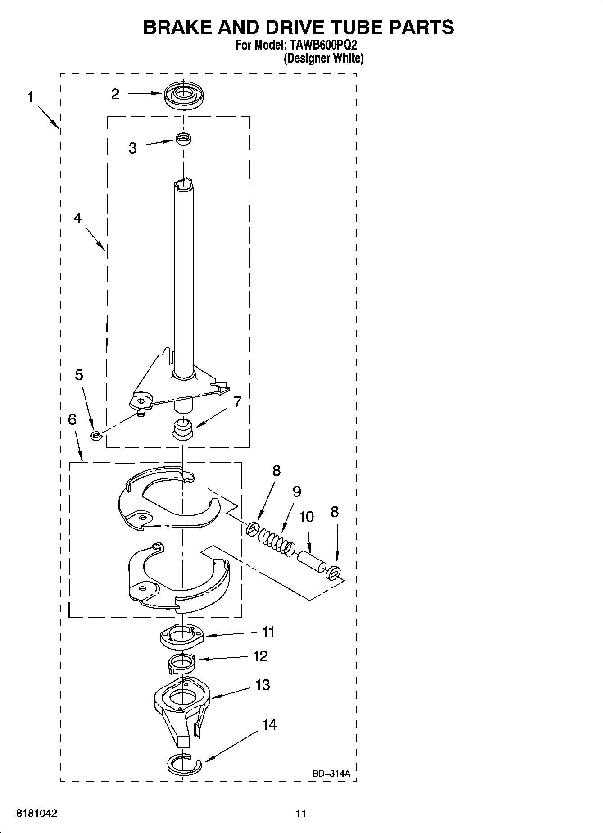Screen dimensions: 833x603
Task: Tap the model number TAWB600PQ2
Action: [322, 46]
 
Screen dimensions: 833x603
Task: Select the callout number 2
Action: [115, 94]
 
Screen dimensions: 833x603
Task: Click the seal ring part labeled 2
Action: [183, 95]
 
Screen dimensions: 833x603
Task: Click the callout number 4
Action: [77, 218]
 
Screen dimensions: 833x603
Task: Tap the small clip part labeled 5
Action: [95, 435]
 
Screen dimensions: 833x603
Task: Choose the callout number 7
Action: [237, 401]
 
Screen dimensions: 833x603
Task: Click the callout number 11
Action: [268, 632]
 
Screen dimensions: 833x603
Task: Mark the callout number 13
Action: [263, 685]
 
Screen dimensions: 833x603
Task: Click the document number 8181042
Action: [36, 814]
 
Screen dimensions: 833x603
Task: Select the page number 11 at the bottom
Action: [301, 814]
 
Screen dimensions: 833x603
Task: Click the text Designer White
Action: [323, 59]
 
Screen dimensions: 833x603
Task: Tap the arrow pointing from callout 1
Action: [48, 117]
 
